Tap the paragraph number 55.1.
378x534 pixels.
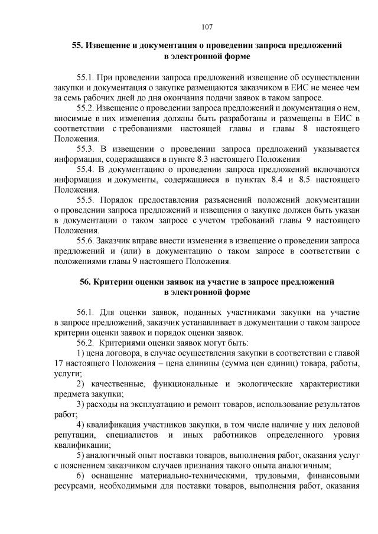[x=86, y=78]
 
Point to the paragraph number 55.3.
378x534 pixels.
[x=86, y=149]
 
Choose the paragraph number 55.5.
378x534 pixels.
[x=86, y=201]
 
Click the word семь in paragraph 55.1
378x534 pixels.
[x=72, y=97]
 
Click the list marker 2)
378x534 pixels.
[x=82, y=384]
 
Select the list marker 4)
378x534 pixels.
[x=81, y=425]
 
